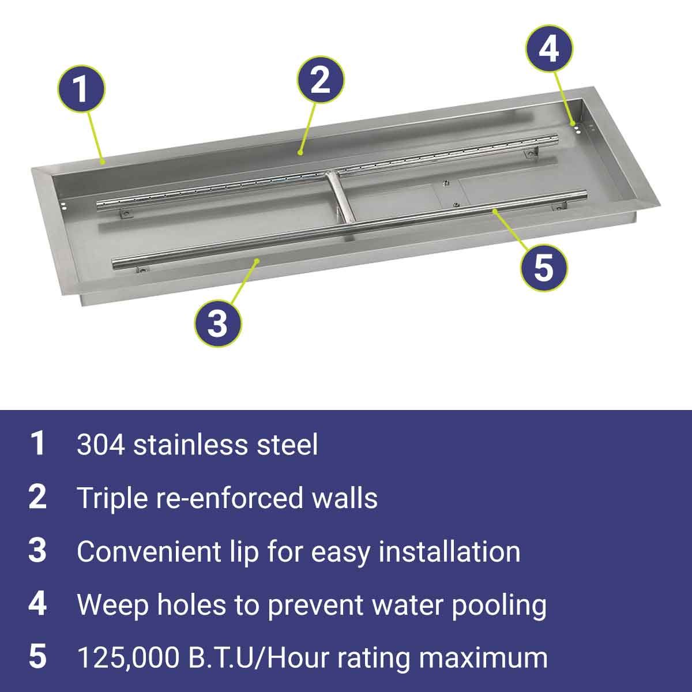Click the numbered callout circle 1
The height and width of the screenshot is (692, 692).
click(81, 89)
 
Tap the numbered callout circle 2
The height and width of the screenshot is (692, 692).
click(320, 80)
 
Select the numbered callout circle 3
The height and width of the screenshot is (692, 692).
click(218, 323)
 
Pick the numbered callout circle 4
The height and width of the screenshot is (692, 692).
click(550, 48)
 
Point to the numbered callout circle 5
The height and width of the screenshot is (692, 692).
click(544, 267)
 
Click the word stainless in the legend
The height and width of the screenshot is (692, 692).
click(191, 445)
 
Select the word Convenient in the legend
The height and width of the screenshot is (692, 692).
click(149, 552)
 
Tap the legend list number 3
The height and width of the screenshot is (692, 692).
click(37, 551)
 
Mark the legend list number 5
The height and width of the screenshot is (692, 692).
click(37, 657)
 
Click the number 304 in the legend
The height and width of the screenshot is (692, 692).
click(101, 445)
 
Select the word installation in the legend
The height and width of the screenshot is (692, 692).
click(449, 552)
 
